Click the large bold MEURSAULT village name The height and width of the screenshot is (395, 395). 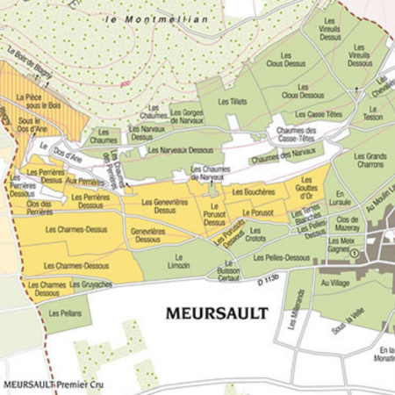click(216, 312)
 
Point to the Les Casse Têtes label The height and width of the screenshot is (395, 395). click(317, 114)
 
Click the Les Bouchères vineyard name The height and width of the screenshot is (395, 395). click(253, 191)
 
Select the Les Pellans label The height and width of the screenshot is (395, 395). click(65, 312)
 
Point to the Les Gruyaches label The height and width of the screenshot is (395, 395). click(91, 284)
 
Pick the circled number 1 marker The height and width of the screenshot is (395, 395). click(355, 252)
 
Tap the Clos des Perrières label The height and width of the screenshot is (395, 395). click(39, 208)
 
